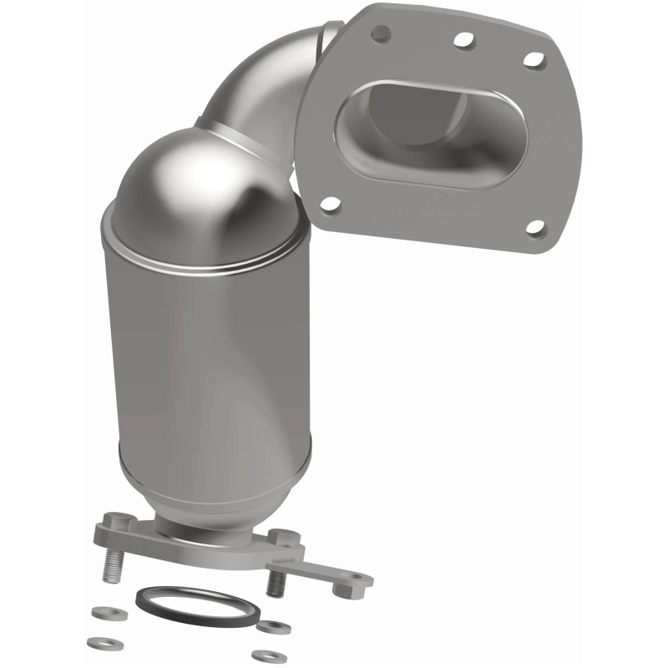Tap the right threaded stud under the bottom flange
[x=276, y=583]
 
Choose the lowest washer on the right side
[x=268, y=656]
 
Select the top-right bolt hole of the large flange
[x=534, y=58]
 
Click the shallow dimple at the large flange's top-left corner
[x=380, y=32]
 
